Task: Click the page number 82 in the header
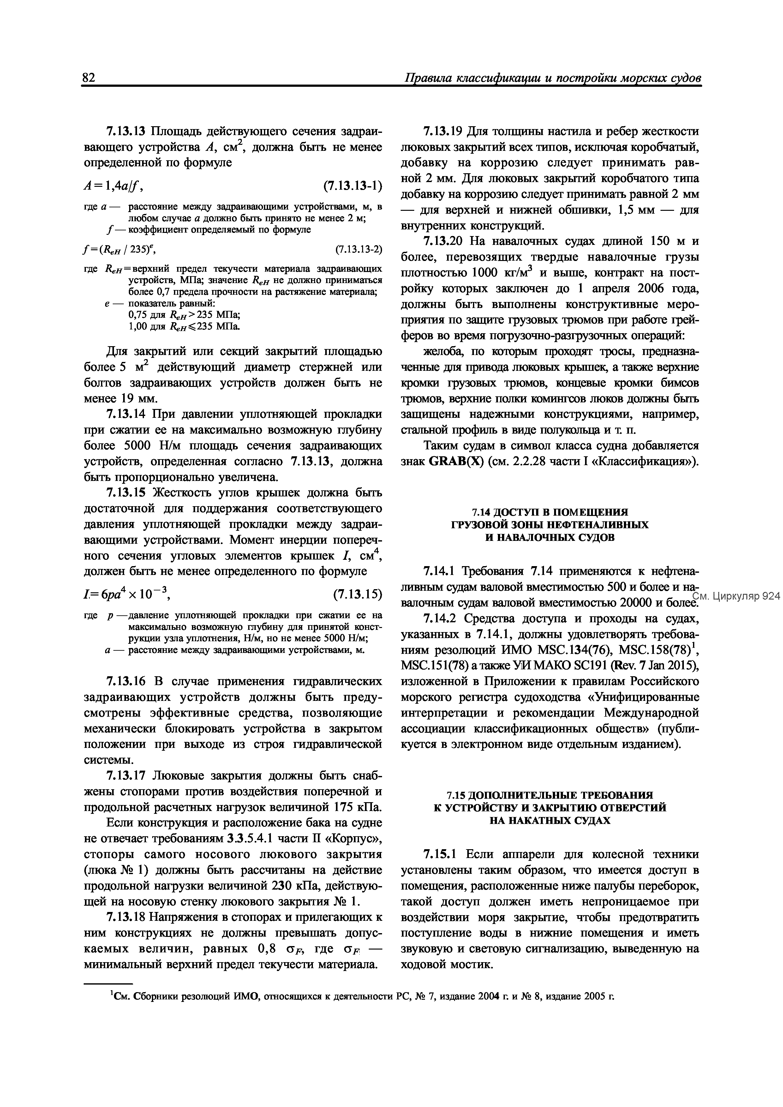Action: [89, 78]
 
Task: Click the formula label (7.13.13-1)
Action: [352, 186]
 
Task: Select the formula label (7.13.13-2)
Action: [358, 249]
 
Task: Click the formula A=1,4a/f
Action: [114, 186]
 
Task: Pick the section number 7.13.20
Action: [442, 241]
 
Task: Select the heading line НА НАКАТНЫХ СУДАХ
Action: [549, 820]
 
